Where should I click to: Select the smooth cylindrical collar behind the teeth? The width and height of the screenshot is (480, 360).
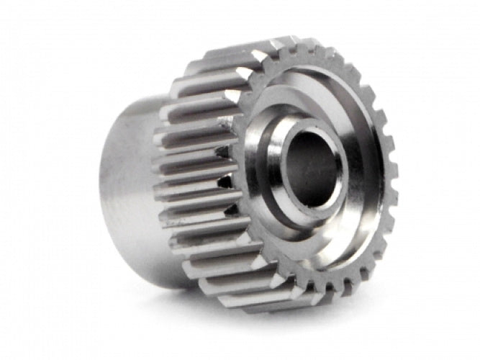tap(130, 187)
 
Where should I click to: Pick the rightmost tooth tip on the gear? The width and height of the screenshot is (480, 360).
tap(395, 173)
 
